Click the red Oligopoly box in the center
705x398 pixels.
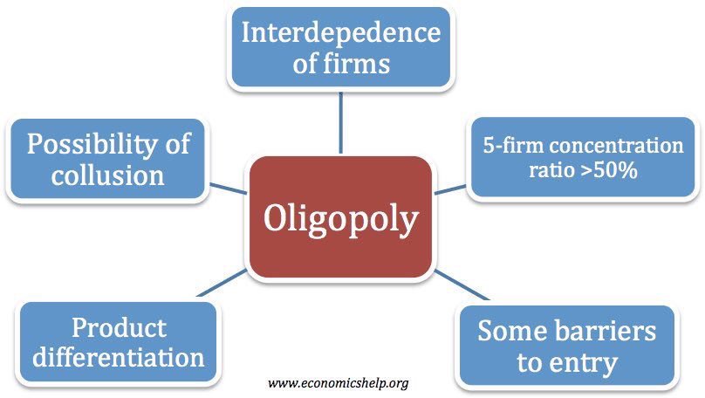tap(340, 217)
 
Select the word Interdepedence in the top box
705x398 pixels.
tap(340, 34)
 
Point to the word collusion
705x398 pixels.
tap(108, 174)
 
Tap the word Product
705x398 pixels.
tap(119, 327)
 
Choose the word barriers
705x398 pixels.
tap(608, 332)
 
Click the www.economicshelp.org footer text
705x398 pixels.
tap(339, 383)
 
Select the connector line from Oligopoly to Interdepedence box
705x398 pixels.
tap(340, 122)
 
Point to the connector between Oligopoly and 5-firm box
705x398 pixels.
tap(450, 188)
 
